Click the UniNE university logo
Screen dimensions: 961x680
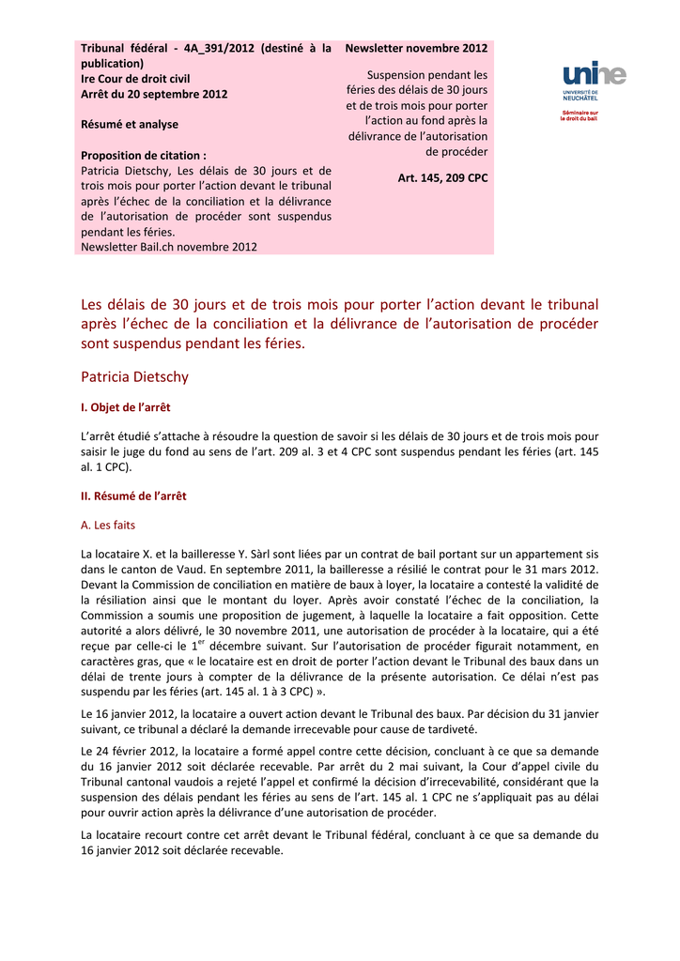tap(594, 75)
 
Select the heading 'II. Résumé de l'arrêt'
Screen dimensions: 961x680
tap(133, 496)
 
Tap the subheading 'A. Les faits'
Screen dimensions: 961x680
tap(108, 525)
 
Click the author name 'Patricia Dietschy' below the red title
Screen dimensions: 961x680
tap(134, 377)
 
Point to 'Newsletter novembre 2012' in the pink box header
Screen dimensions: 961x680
tap(416, 48)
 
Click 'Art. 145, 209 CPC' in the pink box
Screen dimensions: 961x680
tap(442, 177)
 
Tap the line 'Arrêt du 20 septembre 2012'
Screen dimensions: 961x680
tap(154, 94)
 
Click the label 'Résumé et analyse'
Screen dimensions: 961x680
tap(130, 124)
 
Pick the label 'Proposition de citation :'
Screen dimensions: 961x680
tap(143, 155)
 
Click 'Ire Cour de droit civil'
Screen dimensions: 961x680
tap(135, 79)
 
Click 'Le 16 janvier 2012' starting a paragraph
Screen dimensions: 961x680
tap(128, 714)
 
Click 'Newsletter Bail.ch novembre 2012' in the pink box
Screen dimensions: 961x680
tap(169, 247)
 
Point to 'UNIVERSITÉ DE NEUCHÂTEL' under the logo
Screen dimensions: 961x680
tap(581, 95)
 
